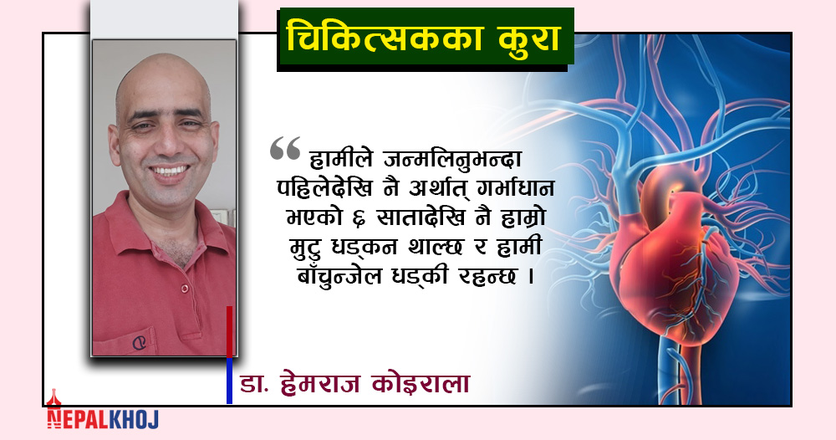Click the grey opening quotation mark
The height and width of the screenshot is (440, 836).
285,148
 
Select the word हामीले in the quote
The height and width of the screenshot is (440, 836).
341,158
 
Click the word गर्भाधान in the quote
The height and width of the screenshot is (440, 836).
511,188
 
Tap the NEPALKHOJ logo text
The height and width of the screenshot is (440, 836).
102,419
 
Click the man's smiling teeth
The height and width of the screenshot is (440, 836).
170,171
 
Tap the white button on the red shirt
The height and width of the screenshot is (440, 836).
185,289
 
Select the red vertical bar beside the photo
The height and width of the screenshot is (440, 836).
230,332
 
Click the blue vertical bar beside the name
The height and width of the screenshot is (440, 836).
230,381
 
